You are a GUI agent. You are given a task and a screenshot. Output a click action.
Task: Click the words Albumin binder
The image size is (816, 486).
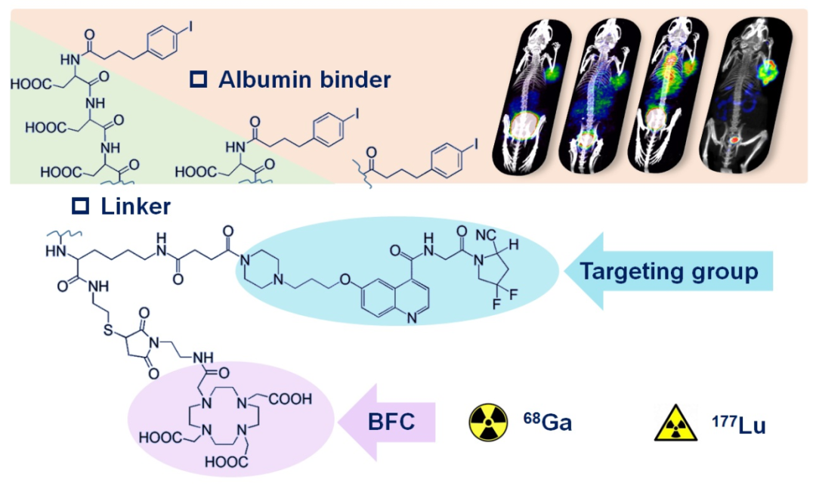304,79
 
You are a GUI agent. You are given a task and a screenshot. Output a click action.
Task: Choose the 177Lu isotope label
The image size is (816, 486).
740,425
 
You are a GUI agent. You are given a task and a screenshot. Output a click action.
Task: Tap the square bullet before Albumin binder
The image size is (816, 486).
199,79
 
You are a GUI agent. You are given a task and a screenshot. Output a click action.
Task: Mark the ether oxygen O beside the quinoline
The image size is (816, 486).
345,281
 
